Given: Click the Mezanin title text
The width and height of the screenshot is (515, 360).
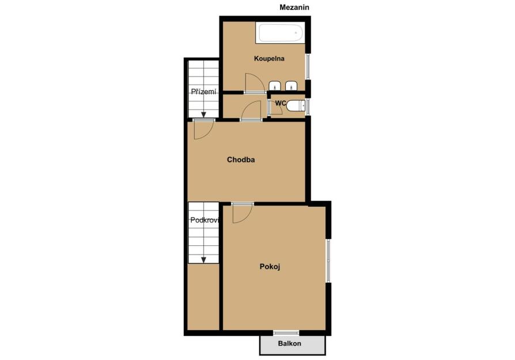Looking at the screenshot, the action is (294, 7).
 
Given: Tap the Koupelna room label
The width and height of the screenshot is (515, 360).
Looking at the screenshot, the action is (269, 59).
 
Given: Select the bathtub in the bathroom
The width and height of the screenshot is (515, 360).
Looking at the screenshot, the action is (281, 33).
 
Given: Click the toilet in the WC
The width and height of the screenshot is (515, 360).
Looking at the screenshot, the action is (296, 106).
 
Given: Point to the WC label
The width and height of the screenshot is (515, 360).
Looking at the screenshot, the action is (281, 103).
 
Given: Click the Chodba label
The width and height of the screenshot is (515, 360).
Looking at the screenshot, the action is (241, 160).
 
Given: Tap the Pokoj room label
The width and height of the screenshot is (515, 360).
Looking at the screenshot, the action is (270, 266).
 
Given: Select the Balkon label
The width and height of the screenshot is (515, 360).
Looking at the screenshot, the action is (289, 343).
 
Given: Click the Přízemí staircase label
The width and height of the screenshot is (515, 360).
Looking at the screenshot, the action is (203, 92).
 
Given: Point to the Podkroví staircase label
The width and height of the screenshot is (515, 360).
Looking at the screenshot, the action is (205, 220).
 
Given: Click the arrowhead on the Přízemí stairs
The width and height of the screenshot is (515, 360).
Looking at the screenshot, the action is (203, 115).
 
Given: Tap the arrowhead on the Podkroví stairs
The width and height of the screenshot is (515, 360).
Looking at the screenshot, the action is (203, 260).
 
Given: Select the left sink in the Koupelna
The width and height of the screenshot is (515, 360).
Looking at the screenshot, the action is (275, 86).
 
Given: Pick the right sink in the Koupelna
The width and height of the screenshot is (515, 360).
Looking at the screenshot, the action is (291, 86).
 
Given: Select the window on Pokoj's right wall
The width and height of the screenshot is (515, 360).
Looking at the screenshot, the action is (328, 260).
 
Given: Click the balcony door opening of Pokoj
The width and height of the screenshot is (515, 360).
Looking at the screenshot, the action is (286, 333).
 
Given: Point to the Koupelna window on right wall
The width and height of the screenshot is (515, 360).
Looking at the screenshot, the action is (308, 66).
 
